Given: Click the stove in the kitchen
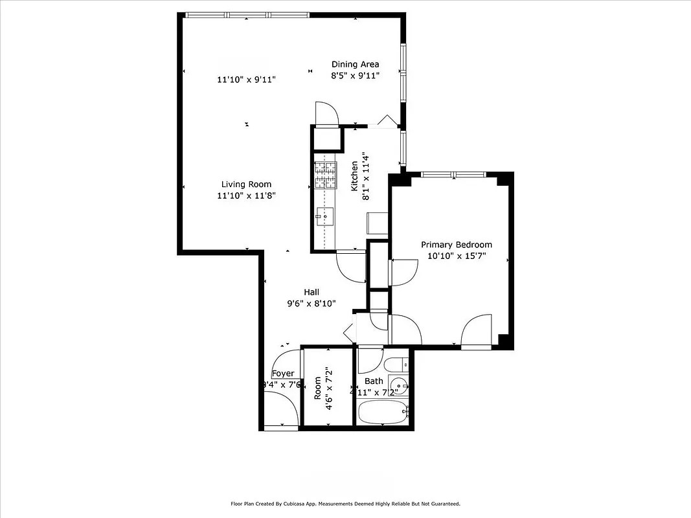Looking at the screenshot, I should point(326,174).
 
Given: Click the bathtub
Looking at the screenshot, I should point(382,412).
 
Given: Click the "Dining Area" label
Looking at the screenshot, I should point(355,64).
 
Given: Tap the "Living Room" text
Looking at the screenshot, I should point(246,184).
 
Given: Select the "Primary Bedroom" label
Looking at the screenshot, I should point(456,245).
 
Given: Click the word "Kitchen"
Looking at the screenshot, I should point(355,176).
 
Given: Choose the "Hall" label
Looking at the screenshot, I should point(311,292).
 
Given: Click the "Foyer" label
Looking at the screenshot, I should point(283,374).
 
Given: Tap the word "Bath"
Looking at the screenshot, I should point(374,381).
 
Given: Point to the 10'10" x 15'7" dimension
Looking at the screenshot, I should point(456,256).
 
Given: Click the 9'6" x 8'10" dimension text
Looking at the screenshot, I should point(311,304).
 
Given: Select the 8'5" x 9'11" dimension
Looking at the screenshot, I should point(355,76).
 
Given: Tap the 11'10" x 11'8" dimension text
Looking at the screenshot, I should point(246,196).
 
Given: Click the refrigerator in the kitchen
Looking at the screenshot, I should point(377,223).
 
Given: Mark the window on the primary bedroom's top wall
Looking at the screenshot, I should point(453,174).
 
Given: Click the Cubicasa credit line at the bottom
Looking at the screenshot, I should point(345,503).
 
